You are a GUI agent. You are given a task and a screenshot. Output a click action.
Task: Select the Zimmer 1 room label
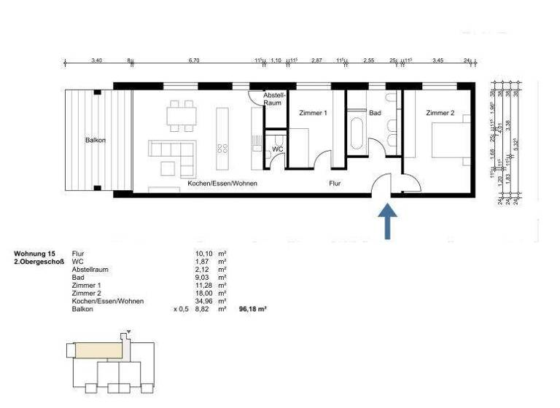[x=314, y=113]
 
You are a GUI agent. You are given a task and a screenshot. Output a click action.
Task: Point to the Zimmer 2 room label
[x=440, y=113]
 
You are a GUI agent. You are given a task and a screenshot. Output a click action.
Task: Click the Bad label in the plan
[x=376, y=113]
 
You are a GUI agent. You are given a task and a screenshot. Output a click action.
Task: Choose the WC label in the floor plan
[x=277, y=149]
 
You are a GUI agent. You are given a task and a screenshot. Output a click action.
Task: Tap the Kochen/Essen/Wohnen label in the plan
[x=222, y=184]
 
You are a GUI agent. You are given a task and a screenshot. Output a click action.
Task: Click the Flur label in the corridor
[x=335, y=184]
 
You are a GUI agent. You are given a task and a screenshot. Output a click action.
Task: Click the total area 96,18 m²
[x=253, y=309]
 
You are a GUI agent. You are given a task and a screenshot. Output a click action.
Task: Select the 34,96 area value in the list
[x=197, y=301]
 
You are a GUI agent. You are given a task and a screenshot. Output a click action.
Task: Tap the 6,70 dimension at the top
[x=193, y=61]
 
